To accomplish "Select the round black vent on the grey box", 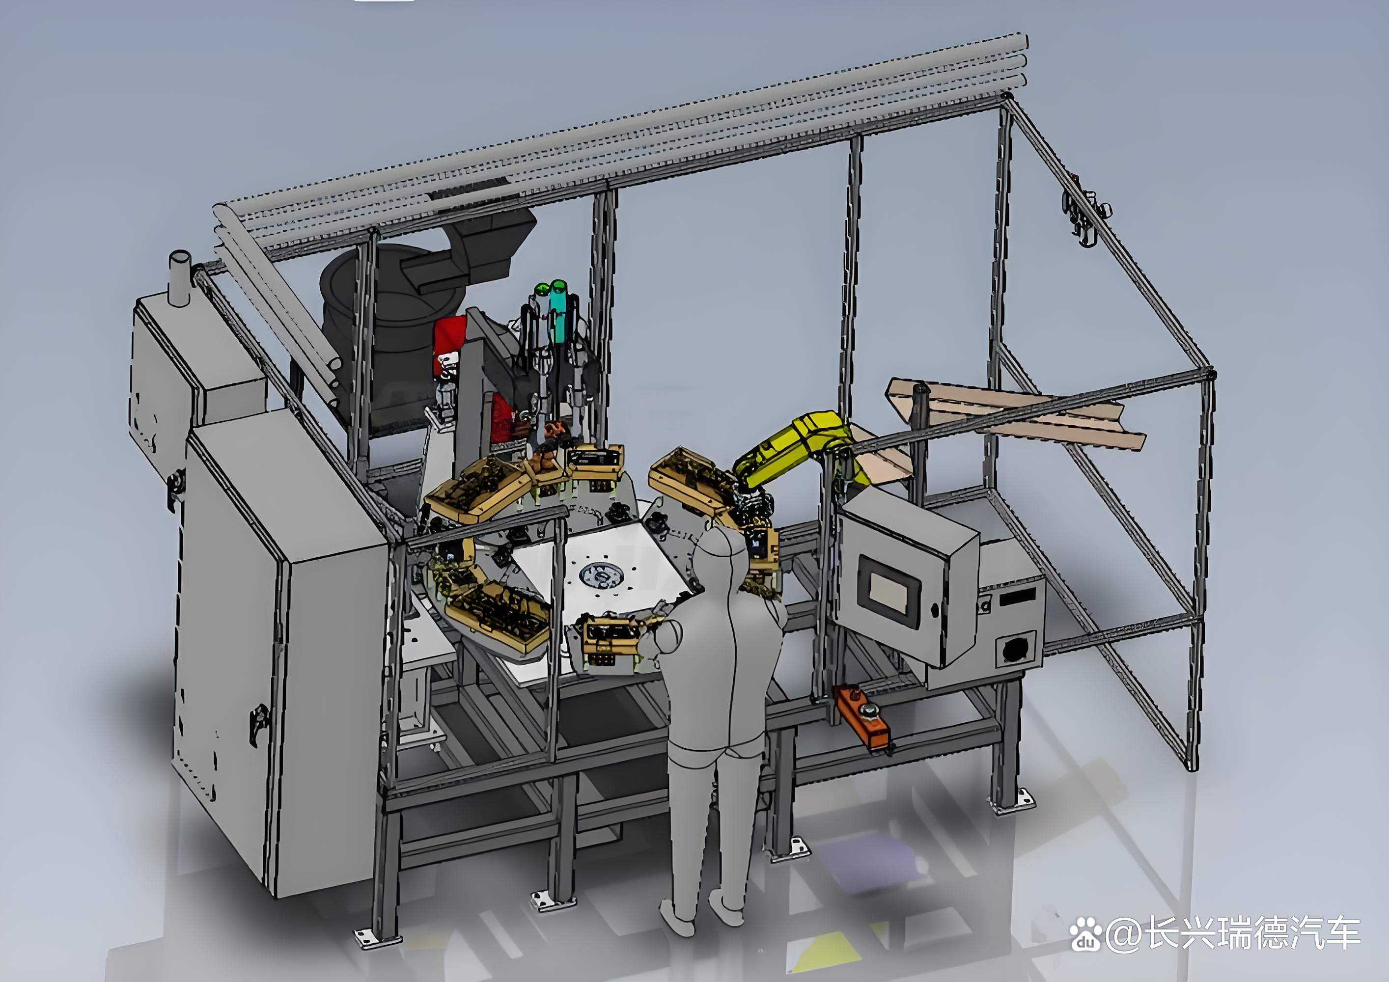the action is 1015,650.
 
